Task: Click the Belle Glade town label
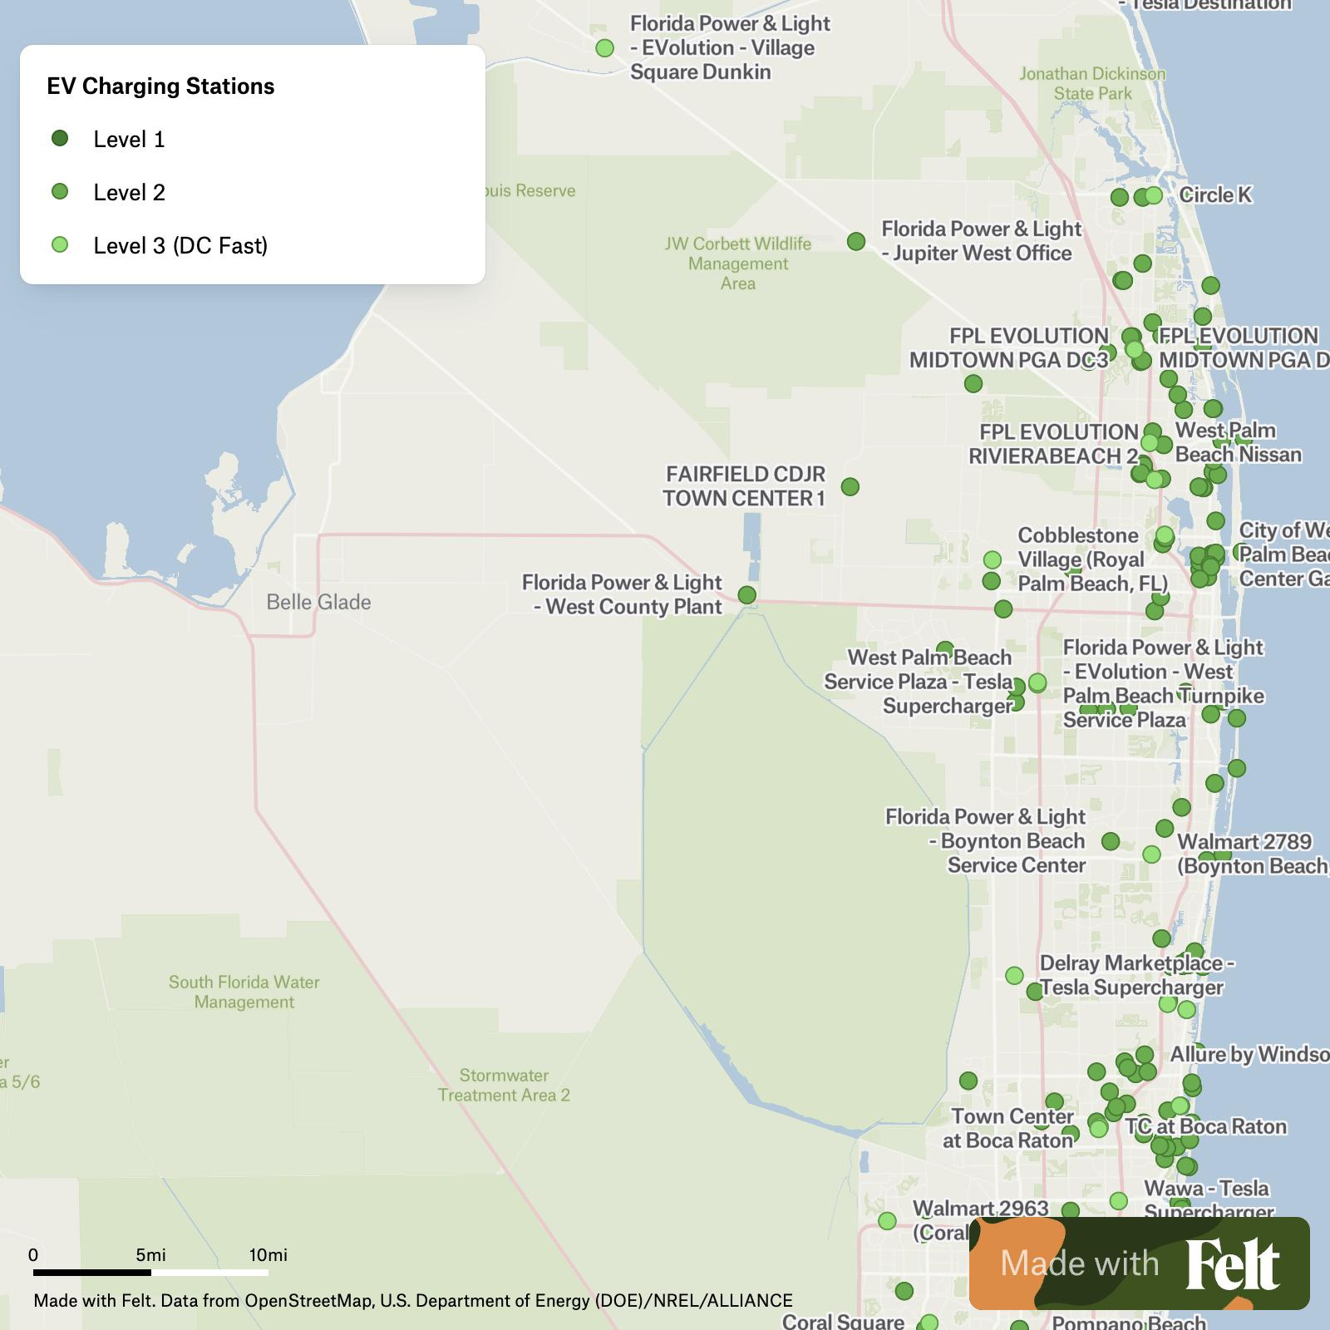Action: point(318,602)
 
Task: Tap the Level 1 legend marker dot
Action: point(60,138)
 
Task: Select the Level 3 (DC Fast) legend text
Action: point(180,245)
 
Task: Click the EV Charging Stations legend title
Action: point(160,86)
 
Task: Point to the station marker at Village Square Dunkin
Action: point(605,48)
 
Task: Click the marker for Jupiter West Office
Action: point(856,241)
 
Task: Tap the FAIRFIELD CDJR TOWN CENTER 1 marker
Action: point(850,486)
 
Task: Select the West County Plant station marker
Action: point(746,595)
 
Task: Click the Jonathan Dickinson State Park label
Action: point(1092,83)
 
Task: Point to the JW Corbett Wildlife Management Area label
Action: point(738,264)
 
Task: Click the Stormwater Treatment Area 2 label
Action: point(504,1085)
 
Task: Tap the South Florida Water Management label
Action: point(244,992)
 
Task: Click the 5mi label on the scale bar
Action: point(151,1254)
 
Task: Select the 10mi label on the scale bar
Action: point(268,1254)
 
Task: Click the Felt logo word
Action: point(1232,1264)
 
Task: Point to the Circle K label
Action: point(1214,195)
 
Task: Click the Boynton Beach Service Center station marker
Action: point(1111,841)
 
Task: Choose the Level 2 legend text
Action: point(129,192)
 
